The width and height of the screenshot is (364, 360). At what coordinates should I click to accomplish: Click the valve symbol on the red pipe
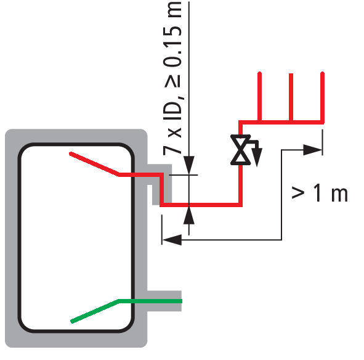click(240, 150)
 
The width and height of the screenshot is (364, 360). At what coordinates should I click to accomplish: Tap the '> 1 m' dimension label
click(320, 193)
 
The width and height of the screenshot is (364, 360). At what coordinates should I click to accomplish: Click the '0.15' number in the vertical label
click(172, 46)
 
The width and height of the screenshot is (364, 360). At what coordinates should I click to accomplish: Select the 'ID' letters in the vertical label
click(172, 110)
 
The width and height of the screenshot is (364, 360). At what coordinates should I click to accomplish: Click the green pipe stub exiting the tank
click(150, 301)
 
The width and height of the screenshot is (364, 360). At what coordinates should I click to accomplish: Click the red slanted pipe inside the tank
click(94, 163)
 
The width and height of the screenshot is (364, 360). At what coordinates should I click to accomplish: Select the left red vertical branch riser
click(260, 97)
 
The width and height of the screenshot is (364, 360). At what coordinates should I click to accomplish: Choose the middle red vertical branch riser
click(291, 97)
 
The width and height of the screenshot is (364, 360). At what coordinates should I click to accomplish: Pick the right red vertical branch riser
click(322, 97)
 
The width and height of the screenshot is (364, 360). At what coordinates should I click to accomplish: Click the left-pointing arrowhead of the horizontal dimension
click(172, 240)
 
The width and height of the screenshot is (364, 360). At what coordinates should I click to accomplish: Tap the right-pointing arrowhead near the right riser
click(313, 150)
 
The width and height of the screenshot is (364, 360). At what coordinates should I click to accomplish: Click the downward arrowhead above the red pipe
click(189, 165)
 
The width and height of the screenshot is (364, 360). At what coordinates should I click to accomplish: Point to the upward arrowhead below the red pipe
click(189, 215)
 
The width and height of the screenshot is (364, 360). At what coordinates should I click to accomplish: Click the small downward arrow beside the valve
click(257, 157)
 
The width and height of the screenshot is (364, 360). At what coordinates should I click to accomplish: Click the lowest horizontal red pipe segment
click(201, 205)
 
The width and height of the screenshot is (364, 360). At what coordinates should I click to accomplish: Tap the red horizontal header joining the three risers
click(281, 122)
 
